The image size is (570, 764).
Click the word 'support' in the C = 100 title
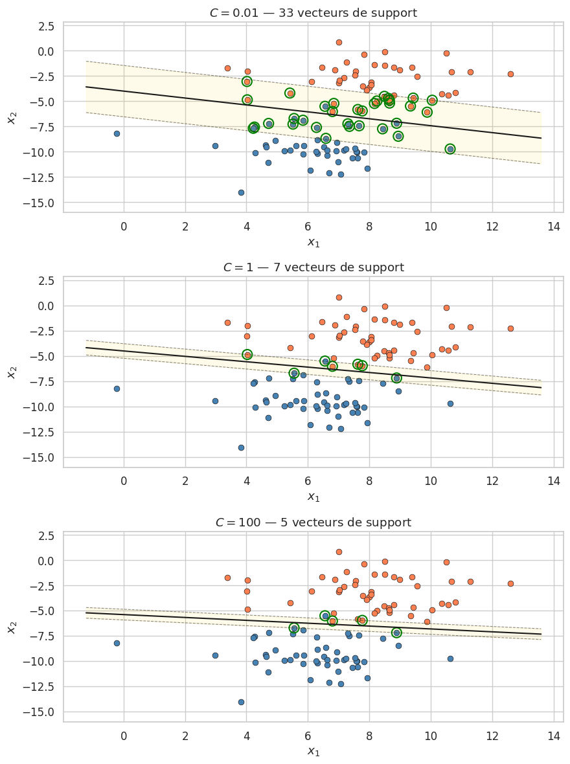click(387, 522)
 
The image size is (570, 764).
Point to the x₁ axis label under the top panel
click(313, 243)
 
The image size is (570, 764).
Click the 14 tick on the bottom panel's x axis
click(553, 736)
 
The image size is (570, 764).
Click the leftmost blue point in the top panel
click(117, 133)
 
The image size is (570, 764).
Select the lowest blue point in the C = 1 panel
click(241, 447)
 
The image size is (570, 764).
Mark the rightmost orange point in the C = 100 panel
click(510, 583)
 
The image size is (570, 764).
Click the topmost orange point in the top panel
click(339, 42)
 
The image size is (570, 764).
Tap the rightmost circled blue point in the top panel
click(450, 149)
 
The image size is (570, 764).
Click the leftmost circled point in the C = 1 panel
click(247, 355)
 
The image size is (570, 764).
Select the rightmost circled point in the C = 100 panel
click(396, 633)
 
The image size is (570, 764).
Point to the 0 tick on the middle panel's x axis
click(124, 481)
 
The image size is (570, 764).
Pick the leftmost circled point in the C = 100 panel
click(294, 628)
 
